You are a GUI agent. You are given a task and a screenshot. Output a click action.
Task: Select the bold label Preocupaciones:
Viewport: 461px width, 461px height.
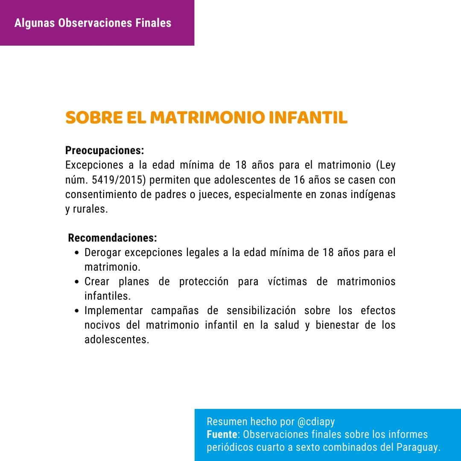point(105,151)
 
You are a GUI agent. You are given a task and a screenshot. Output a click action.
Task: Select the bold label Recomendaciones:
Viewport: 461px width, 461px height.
point(112,238)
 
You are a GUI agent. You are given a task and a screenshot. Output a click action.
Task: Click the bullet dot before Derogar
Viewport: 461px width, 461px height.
point(76,253)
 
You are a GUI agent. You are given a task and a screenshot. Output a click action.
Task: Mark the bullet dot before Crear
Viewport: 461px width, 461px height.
point(76,282)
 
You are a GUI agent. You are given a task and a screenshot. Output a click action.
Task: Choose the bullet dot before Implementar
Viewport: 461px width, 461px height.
point(76,311)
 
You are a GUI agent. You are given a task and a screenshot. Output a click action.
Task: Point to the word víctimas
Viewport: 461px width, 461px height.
point(287,282)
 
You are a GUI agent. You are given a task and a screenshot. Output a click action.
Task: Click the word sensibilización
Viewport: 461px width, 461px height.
point(261,310)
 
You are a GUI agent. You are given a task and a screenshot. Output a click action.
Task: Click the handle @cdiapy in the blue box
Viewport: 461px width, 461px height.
point(316,422)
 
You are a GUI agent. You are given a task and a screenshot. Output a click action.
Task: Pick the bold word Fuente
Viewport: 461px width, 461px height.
point(222,435)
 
